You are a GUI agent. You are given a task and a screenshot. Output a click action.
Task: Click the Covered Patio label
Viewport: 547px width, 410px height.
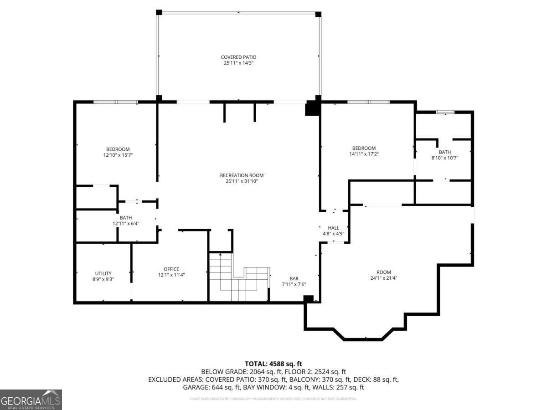(238, 57)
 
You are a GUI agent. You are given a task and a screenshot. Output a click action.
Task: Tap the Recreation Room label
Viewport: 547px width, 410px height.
(242, 175)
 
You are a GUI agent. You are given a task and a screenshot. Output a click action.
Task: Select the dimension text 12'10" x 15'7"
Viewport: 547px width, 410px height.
(118, 155)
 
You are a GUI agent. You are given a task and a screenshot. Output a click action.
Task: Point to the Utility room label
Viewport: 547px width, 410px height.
(103, 273)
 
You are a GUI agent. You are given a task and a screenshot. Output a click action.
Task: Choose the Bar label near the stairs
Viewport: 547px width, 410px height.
(294, 278)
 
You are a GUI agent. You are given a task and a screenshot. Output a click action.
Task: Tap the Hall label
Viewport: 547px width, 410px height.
(334, 228)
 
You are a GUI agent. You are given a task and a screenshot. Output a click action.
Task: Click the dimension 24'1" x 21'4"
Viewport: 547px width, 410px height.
(383, 278)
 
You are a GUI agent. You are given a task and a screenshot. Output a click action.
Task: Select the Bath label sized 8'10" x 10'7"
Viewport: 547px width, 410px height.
(444, 152)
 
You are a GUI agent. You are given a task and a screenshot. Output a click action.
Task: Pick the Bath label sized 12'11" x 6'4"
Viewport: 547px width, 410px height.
(125, 218)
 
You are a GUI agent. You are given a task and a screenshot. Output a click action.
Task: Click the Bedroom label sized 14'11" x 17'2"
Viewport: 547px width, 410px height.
(364, 148)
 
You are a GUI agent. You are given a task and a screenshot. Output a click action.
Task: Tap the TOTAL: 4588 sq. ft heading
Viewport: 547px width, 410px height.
(273, 364)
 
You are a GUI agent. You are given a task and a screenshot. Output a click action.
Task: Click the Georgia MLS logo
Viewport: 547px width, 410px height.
(31, 400)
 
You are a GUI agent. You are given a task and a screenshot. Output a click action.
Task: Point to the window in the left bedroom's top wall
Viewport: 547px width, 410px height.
(115, 102)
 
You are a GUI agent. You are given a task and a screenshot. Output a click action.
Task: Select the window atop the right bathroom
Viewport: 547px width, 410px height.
(445, 112)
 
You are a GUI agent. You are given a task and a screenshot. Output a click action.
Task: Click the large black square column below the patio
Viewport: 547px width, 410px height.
(312, 108)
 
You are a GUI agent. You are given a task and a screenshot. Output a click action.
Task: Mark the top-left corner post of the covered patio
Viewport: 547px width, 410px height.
(159, 12)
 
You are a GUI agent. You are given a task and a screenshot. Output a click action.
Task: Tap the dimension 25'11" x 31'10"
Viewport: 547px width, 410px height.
(242, 181)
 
